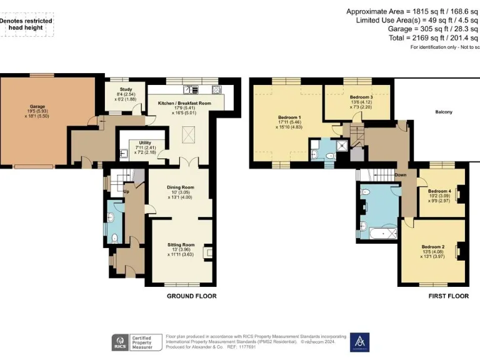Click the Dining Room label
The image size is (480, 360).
(x=180, y=187)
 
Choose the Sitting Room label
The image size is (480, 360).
(x=181, y=245)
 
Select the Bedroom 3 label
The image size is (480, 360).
(x=361, y=97)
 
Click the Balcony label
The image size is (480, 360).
(x=444, y=112)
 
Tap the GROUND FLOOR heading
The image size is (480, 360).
(x=191, y=296)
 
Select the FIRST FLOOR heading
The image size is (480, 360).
(x=448, y=296)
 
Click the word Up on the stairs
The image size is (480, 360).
(x=126, y=191)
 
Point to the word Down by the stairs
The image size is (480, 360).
(x=401, y=175)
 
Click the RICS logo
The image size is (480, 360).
(x=119, y=342)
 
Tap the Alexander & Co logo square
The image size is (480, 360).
(x=359, y=342)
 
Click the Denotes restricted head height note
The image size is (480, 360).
(x=26, y=24)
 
